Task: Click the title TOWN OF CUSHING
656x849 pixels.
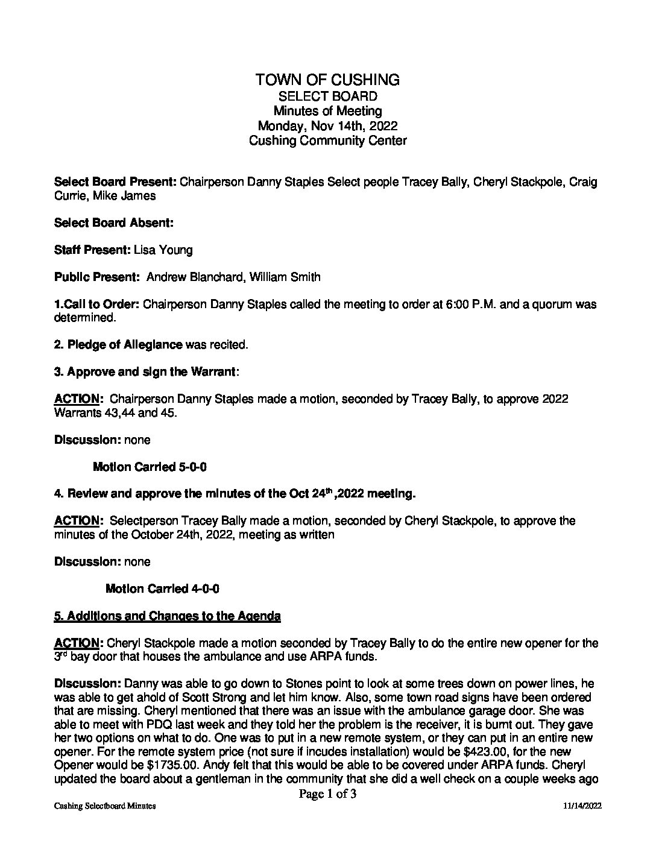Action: click(327, 80)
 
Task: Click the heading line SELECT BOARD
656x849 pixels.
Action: click(327, 96)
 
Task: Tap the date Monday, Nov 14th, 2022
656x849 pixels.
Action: click(327, 126)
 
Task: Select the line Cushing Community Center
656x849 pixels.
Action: click(327, 141)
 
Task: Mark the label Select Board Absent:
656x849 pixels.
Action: click(114, 223)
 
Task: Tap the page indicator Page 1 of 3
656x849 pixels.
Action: click(327, 794)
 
